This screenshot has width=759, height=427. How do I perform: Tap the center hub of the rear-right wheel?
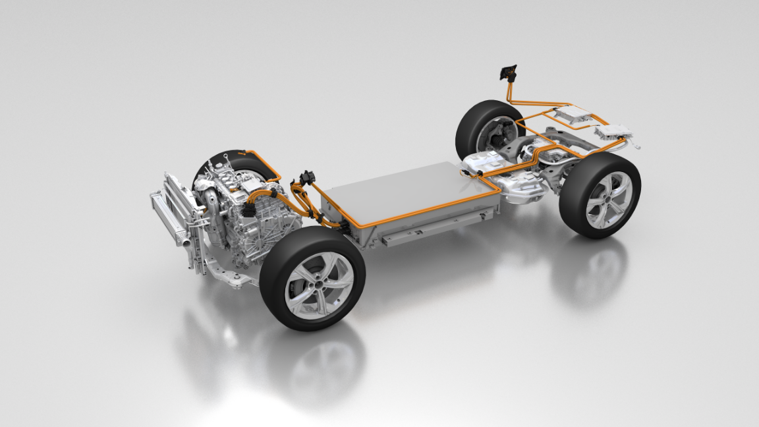[608, 200]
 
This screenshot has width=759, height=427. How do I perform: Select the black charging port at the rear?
[508, 71]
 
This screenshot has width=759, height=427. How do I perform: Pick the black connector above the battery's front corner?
[306, 178]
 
